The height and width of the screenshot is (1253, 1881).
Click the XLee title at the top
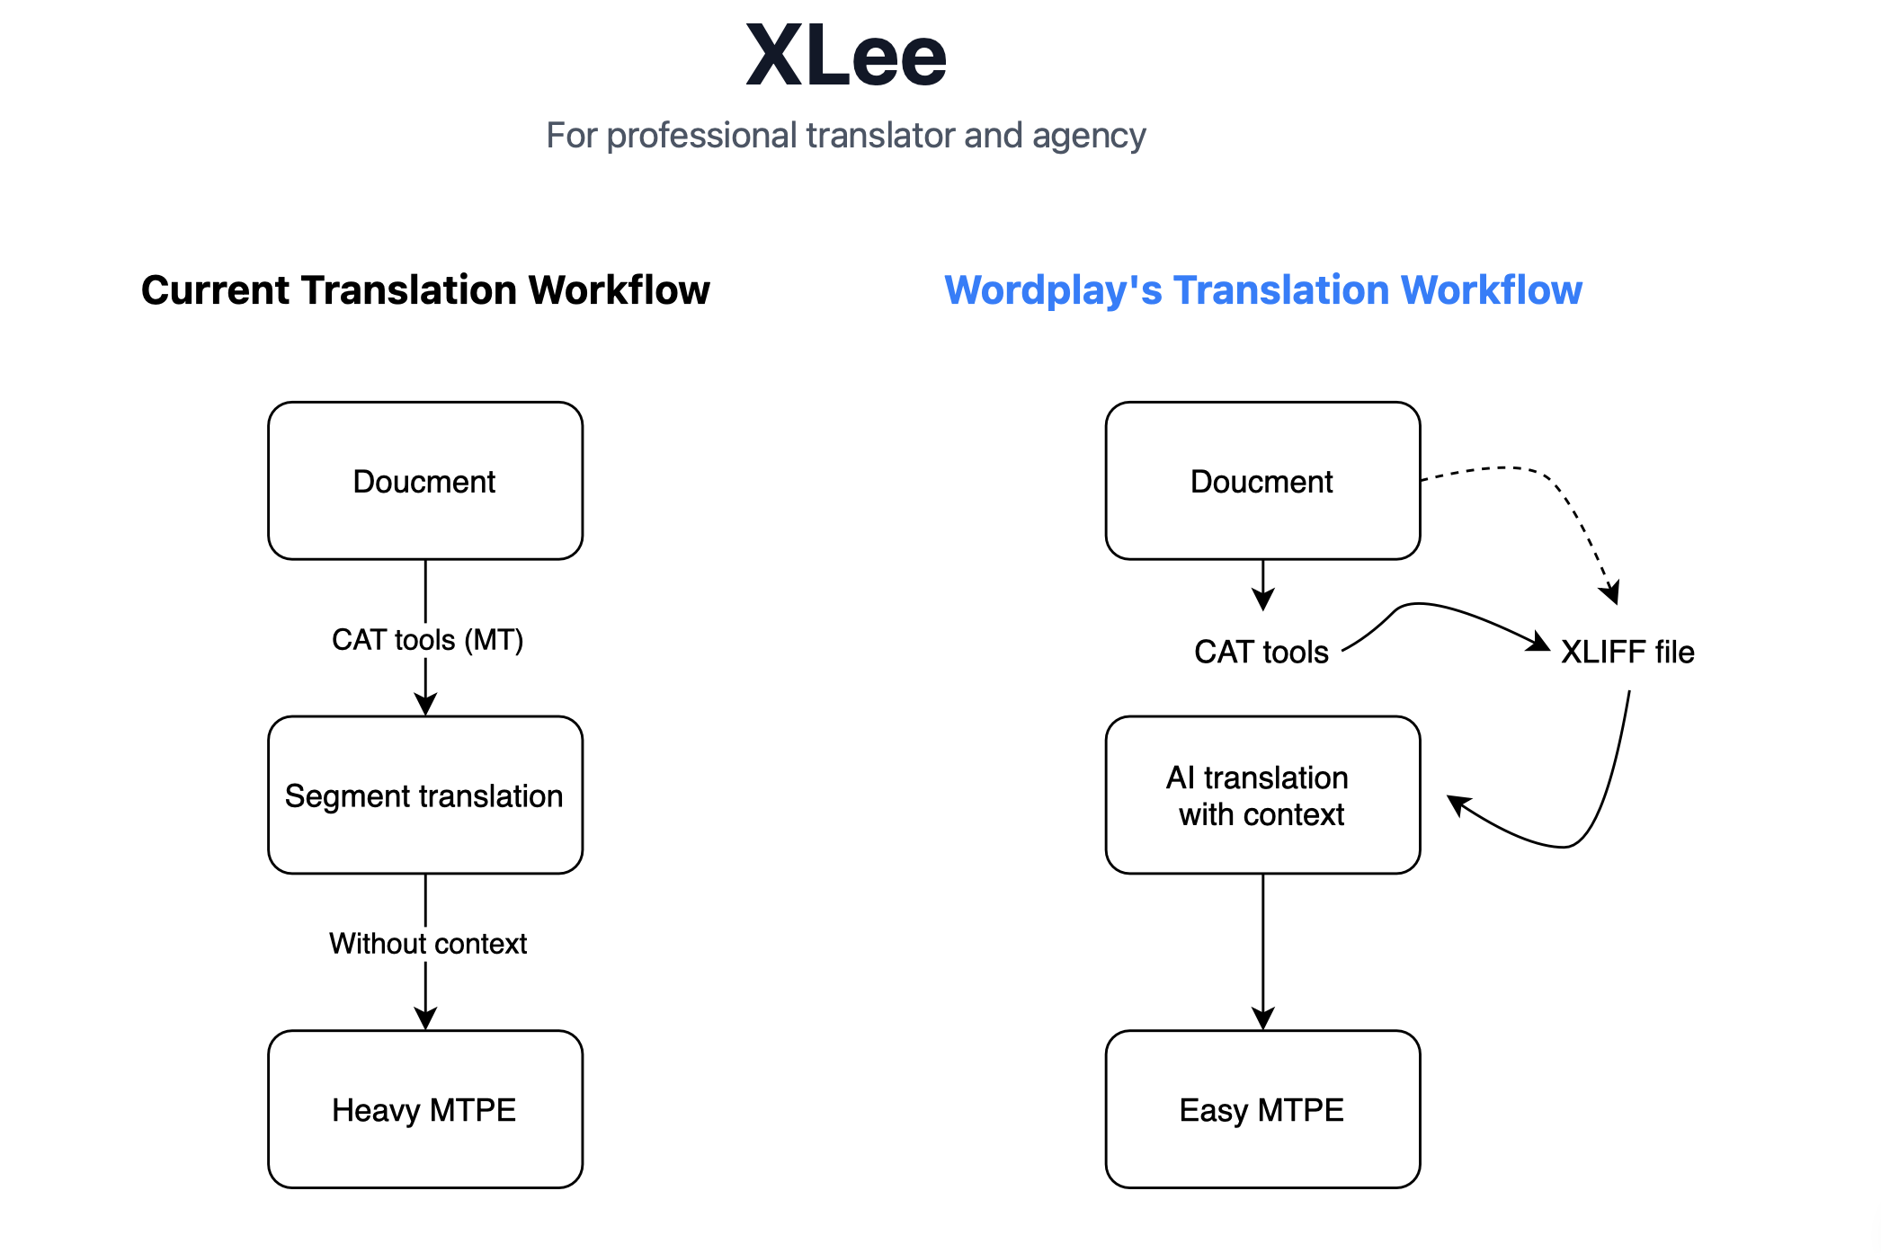[846, 57]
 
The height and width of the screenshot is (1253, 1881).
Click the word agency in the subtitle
[1089, 137]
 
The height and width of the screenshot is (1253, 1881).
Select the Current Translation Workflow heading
[425, 290]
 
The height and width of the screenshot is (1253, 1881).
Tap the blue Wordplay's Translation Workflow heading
[1262, 290]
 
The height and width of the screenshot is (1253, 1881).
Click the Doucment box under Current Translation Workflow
[425, 481]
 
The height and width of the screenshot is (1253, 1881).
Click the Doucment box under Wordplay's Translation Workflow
[1262, 481]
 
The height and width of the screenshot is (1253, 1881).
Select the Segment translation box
[425, 795]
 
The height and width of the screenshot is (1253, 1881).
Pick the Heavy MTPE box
[425, 1109]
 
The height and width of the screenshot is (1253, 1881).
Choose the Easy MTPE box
[1262, 1109]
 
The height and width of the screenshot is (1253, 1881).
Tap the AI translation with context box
[1262, 795]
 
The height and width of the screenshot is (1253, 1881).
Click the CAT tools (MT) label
[427, 640]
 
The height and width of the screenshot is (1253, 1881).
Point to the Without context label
[427, 944]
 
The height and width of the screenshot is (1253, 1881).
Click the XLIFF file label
[1627, 652]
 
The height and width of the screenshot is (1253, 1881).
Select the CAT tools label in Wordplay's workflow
[1261, 652]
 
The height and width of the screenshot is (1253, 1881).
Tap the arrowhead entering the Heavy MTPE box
[425, 1018]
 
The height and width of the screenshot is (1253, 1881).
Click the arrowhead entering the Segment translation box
[425, 704]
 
